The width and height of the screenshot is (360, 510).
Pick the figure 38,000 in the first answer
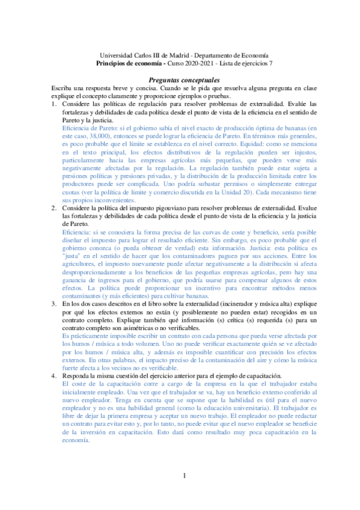99,136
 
